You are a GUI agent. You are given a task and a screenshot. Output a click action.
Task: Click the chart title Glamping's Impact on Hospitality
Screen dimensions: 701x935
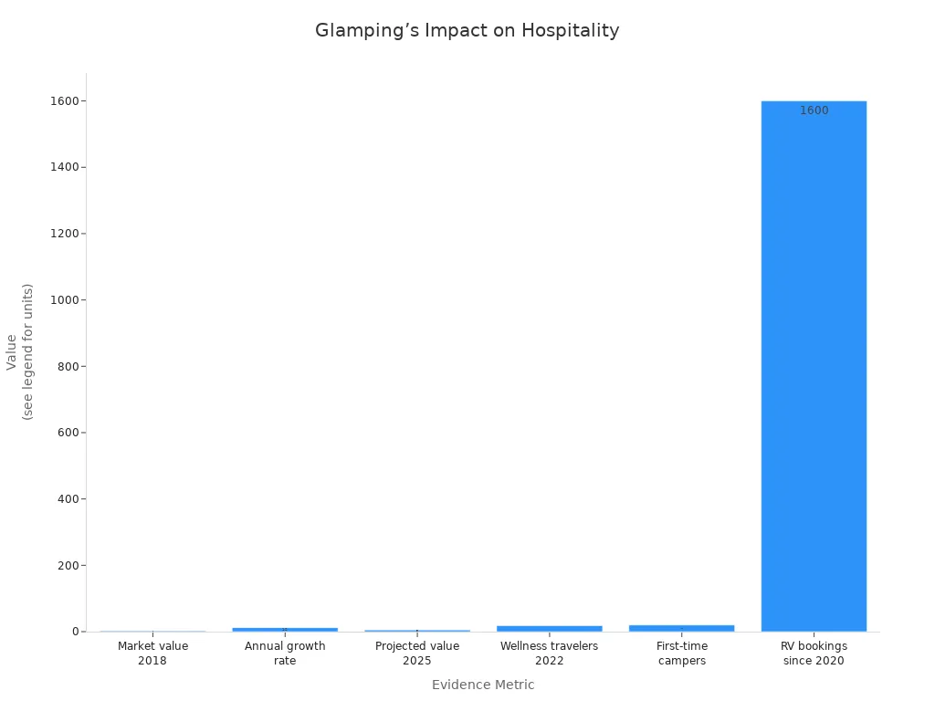coord(467,30)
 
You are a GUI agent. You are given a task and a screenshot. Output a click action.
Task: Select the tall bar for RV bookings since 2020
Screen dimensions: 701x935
coord(814,365)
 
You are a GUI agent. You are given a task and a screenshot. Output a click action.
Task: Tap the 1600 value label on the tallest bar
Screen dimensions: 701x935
coord(814,110)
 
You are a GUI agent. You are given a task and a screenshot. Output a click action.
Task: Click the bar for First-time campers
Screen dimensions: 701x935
coord(681,628)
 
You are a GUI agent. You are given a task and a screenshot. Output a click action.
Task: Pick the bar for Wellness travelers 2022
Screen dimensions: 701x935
coord(549,628)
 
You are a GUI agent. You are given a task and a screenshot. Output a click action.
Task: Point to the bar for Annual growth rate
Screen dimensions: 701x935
coord(285,629)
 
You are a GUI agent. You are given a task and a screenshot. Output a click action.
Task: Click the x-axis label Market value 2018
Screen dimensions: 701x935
coord(152,653)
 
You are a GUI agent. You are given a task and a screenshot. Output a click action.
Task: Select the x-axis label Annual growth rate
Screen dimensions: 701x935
coord(285,653)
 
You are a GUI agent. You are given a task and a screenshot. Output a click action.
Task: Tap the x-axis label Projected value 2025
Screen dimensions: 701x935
coord(417,653)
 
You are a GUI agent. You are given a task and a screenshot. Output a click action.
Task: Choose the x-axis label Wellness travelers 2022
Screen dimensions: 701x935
coord(549,653)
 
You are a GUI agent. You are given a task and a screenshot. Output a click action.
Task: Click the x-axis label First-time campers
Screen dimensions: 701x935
coord(681,653)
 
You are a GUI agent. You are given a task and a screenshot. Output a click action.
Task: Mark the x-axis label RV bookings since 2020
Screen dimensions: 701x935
coord(814,653)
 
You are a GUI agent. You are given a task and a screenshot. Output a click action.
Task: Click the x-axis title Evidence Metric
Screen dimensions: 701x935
coord(483,685)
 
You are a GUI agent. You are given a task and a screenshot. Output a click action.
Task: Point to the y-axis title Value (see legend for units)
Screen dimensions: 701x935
coord(19,351)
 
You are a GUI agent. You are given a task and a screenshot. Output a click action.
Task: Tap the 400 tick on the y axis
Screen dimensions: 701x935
coord(68,499)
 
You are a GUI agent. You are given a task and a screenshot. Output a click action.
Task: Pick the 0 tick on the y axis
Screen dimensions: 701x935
coord(76,632)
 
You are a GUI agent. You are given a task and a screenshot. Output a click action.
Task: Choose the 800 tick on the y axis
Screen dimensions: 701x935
coord(68,366)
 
